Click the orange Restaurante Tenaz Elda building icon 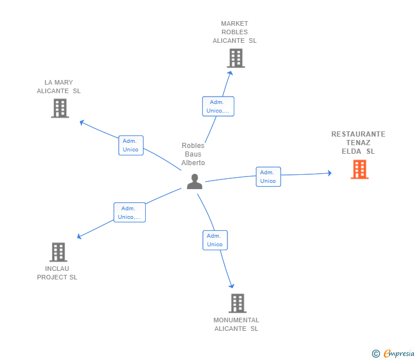pyautogui.click(x=359, y=169)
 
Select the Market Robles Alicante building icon pyautogui.click(x=235, y=58)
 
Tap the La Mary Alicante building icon pyautogui.click(x=60, y=108)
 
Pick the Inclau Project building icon pyautogui.click(x=58, y=252)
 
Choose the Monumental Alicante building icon pyautogui.click(x=237, y=303)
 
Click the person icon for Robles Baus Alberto pyautogui.click(x=195, y=182)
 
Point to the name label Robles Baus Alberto pyautogui.click(x=193, y=154)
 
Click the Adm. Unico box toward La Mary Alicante pyautogui.click(x=131, y=145)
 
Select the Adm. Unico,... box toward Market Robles pyautogui.click(x=218, y=106)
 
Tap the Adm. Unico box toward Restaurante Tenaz pyautogui.click(x=268, y=177)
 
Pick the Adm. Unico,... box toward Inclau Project pyautogui.click(x=129, y=213)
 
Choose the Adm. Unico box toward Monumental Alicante pyautogui.click(x=215, y=240)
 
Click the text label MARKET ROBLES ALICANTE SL pyautogui.click(x=235, y=32)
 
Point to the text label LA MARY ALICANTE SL pyautogui.click(x=59, y=86)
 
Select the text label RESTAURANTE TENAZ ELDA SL pyautogui.click(x=358, y=143)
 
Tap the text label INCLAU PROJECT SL pyautogui.click(x=57, y=273)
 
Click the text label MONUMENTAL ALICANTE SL pyautogui.click(x=237, y=324)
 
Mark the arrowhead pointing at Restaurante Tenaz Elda pyautogui.click(x=329, y=173)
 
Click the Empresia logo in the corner pyautogui.click(x=399, y=354)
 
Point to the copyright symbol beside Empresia pyautogui.click(x=376, y=354)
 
